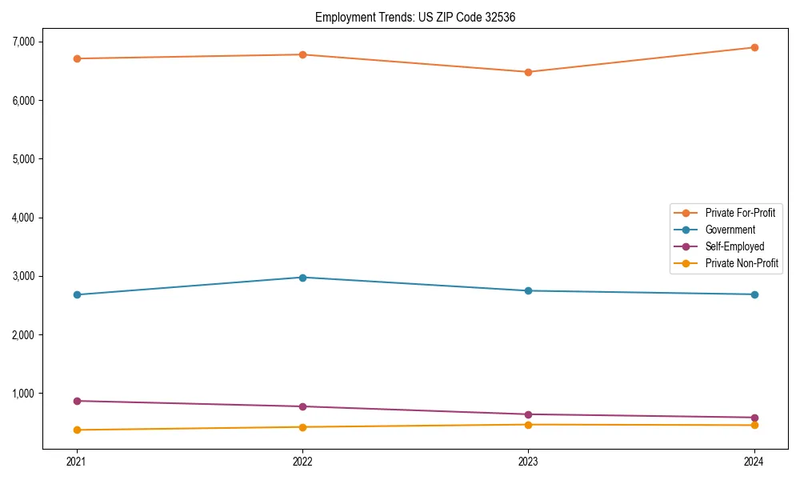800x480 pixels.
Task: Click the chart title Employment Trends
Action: pos(421,17)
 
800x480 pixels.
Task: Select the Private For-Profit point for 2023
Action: pos(529,72)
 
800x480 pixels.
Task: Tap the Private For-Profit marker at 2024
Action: pos(754,47)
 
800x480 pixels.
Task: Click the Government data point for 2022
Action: pos(302,278)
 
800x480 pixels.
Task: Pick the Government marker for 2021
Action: pos(77,294)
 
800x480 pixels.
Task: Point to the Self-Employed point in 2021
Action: pos(77,401)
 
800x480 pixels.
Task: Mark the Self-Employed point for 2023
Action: pos(529,414)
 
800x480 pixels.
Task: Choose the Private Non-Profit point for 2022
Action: pos(302,427)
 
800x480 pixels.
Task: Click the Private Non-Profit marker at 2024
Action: pos(754,425)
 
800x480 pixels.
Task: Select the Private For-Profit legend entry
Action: pos(739,213)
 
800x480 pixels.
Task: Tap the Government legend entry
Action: pos(730,230)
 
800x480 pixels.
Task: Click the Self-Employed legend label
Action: pos(734,246)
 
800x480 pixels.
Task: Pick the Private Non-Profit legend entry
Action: pos(742,263)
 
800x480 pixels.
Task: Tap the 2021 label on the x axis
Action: pos(77,461)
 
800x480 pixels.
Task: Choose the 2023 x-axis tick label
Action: pos(529,461)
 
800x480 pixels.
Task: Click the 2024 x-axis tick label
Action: pos(754,461)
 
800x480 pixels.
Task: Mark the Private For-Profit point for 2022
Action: pos(302,54)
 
